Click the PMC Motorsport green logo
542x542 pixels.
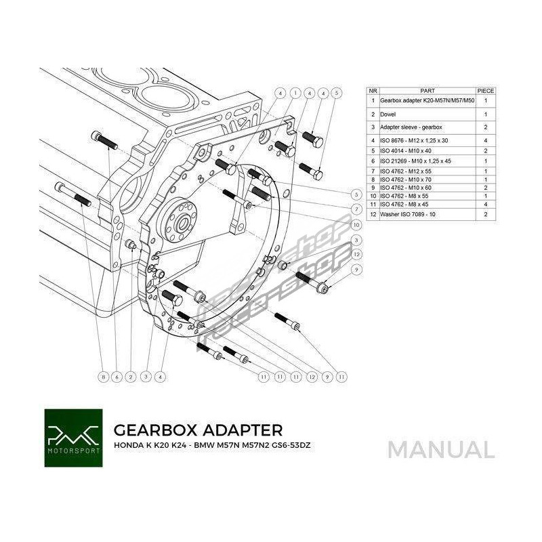coord(73,438)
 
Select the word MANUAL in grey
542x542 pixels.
coord(441,449)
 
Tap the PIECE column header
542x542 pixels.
coord(486,90)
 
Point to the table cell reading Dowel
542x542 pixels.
coord(388,114)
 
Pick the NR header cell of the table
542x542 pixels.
coord(373,90)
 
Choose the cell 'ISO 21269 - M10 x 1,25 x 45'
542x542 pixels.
coord(414,161)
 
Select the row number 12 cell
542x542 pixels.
coord(373,213)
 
